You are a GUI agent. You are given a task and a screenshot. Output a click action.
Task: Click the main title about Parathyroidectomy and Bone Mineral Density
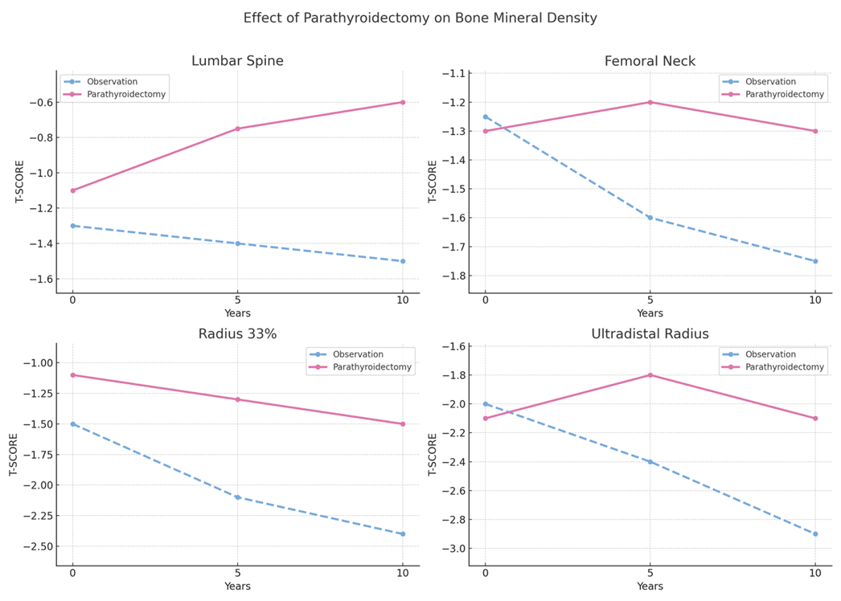coord(420,18)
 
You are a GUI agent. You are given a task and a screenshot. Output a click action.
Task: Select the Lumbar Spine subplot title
coord(237,61)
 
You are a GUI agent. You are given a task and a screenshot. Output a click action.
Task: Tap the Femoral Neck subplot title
coord(650,61)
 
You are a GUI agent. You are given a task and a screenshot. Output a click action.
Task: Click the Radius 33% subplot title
coord(237,333)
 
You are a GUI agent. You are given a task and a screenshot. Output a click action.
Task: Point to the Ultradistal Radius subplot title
coord(650,333)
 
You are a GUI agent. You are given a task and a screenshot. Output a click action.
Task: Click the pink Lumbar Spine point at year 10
coord(403,102)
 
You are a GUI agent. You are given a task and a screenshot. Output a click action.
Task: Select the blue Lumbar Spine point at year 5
coord(237,243)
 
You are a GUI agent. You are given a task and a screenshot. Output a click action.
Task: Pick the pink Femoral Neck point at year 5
coord(650,102)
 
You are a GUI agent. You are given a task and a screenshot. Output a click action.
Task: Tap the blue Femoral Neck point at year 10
coord(815,261)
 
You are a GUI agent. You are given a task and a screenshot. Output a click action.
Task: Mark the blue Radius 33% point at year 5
coord(237,497)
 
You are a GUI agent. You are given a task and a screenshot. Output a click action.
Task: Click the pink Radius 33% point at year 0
coord(72,375)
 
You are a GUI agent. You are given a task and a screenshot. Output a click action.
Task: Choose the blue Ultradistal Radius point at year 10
coord(815,534)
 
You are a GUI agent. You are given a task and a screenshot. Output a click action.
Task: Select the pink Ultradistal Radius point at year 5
coord(650,375)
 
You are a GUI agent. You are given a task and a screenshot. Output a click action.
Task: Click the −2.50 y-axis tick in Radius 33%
coord(35,546)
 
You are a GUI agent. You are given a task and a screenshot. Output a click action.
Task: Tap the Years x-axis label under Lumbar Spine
coord(237,313)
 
